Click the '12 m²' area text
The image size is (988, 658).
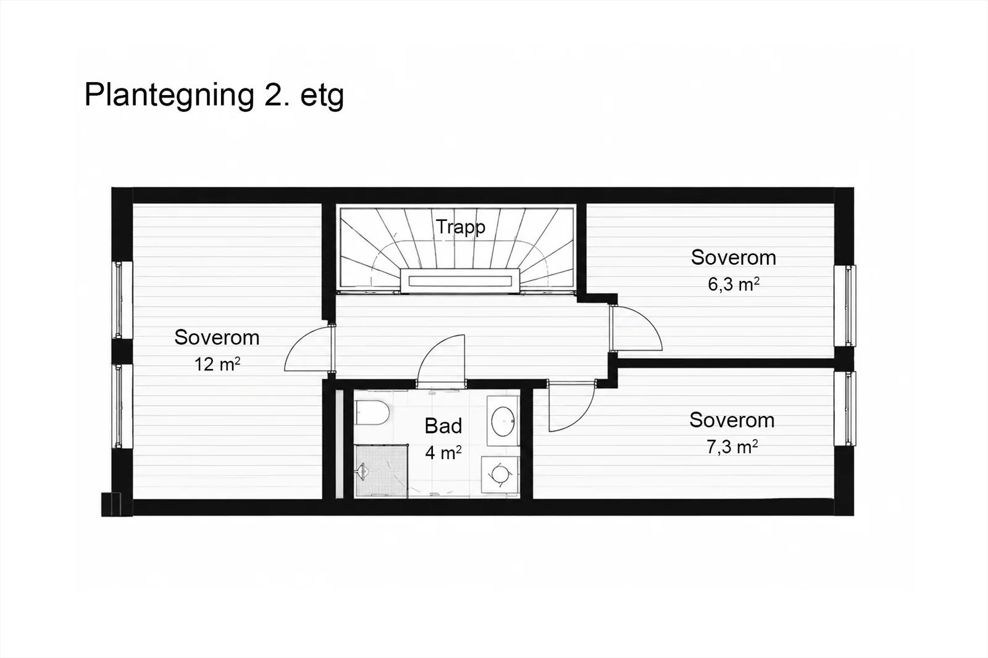217,364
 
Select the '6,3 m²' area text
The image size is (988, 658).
734,285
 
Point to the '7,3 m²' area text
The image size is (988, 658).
732,447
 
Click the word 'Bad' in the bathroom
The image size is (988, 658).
443,426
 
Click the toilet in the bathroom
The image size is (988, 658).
372,412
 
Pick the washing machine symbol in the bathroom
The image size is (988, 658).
501,475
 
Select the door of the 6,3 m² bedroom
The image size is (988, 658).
637,328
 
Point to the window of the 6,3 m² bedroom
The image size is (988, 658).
845,306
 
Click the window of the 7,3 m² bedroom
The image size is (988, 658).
845,409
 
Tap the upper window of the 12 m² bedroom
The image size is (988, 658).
122,301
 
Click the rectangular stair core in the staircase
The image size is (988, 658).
460,281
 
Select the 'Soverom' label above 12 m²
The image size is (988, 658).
217,338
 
